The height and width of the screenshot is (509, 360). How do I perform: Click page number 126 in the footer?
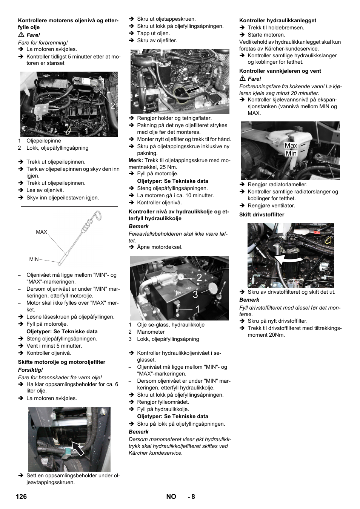click(x=21, y=497)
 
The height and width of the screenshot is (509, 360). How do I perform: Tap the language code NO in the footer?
click(x=171, y=497)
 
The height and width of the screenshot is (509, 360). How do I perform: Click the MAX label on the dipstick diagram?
click(x=42, y=232)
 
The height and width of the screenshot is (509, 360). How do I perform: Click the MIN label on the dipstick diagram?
click(x=34, y=259)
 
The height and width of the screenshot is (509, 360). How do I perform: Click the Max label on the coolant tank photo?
click(x=291, y=146)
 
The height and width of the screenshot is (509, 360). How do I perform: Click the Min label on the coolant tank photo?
click(x=291, y=153)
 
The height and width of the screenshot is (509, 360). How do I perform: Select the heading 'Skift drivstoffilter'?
click(x=262, y=215)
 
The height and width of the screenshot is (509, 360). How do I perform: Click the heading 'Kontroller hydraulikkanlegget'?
click(x=277, y=20)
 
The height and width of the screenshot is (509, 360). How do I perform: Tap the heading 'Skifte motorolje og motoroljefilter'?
click(x=62, y=362)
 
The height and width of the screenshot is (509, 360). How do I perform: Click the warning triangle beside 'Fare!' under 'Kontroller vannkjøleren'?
click(x=243, y=78)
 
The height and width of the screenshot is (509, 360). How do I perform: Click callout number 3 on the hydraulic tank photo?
click(x=195, y=295)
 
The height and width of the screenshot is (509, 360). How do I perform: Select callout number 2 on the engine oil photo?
click(x=112, y=106)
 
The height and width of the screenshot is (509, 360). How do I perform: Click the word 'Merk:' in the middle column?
click(x=135, y=160)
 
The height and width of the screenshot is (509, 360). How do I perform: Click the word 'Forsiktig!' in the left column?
click(x=31, y=370)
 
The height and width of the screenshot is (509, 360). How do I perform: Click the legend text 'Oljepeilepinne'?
click(x=43, y=141)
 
